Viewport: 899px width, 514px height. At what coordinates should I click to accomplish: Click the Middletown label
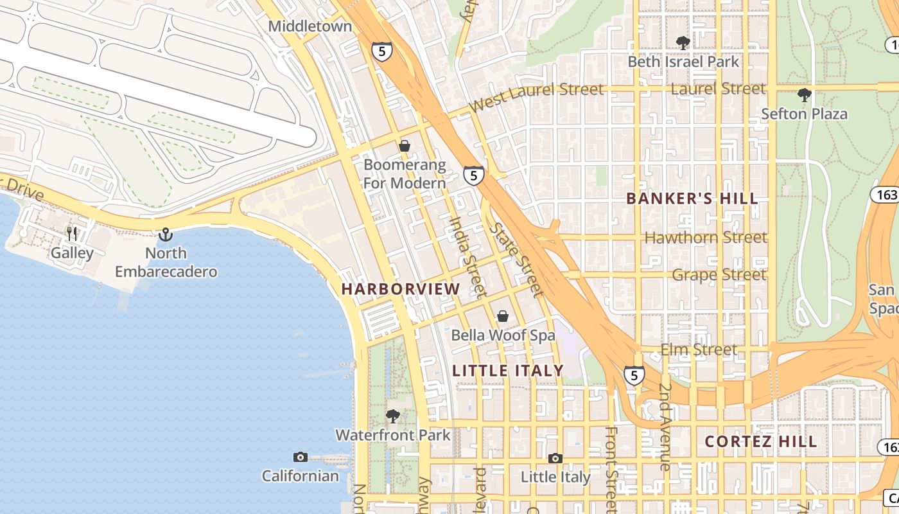tap(310, 26)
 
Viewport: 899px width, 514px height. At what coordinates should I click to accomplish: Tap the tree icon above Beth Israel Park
tap(683, 43)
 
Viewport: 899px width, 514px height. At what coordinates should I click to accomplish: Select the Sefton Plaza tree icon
tap(804, 96)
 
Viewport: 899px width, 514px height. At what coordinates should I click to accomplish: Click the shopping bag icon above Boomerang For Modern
tap(405, 146)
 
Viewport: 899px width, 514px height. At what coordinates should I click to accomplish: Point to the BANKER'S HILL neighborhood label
tap(692, 199)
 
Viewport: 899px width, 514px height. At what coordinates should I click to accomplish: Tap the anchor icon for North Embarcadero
tap(166, 235)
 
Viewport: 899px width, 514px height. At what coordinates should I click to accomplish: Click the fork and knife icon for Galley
tap(72, 234)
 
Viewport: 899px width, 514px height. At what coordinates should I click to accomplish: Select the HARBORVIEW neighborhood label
tap(401, 289)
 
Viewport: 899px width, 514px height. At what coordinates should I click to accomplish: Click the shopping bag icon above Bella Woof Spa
tap(503, 316)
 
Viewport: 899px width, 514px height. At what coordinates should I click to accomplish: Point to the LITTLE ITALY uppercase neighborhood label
tap(507, 371)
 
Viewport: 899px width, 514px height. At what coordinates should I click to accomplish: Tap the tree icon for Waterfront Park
tap(393, 416)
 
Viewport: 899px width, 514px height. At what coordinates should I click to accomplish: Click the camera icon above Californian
tap(300, 457)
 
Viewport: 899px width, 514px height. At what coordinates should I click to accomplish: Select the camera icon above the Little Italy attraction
tap(555, 458)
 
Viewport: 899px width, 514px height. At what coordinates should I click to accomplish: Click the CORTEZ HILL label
tap(761, 441)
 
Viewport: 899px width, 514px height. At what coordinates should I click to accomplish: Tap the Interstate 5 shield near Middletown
tap(381, 51)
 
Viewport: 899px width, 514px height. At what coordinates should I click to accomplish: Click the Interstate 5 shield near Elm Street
tap(634, 375)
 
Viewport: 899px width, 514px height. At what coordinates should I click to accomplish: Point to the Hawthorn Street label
tap(705, 238)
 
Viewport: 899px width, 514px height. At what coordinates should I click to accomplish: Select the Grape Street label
tap(719, 275)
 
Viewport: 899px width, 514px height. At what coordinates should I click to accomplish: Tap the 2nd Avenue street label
tap(665, 427)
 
